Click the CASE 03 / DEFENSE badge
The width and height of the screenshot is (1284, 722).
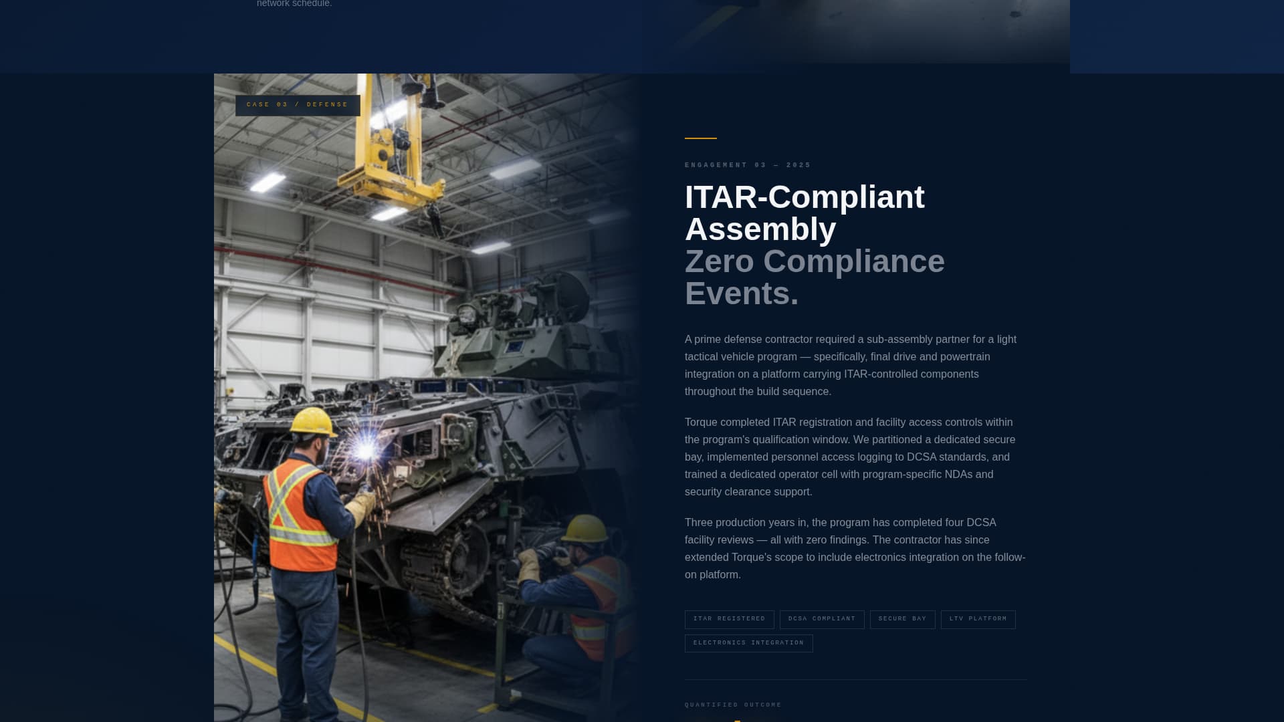pyautogui.click(x=298, y=105)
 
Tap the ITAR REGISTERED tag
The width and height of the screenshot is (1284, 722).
pyautogui.click(x=729, y=619)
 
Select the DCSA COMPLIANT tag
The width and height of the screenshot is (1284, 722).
pyautogui.click(x=822, y=619)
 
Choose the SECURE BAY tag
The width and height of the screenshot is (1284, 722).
pyautogui.click(x=902, y=619)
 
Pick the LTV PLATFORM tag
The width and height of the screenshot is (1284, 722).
pyautogui.click(x=978, y=619)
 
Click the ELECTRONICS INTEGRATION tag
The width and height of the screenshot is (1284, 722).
pyautogui.click(x=748, y=643)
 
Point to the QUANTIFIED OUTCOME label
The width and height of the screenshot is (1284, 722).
pyautogui.click(x=733, y=705)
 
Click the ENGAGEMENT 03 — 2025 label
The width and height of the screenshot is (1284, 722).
pyautogui.click(x=748, y=165)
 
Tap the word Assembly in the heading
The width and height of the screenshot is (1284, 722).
pyautogui.click(x=760, y=229)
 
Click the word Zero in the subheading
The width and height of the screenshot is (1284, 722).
pyautogui.click(x=720, y=261)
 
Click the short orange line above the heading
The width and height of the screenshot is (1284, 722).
pyautogui.click(x=700, y=138)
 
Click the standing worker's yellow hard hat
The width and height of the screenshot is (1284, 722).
pyautogui.click(x=312, y=422)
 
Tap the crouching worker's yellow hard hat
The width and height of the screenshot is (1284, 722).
pyautogui.click(x=586, y=528)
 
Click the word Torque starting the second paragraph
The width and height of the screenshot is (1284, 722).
pyautogui.click(x=701, y=423)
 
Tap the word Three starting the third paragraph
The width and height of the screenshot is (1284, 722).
pyautogui.click(x=699, y=523)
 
